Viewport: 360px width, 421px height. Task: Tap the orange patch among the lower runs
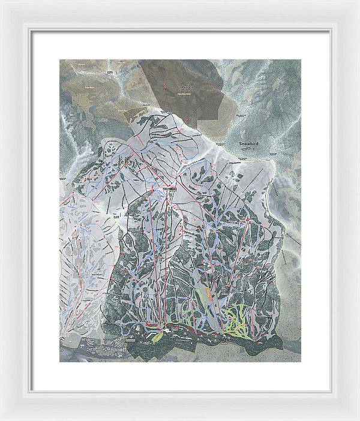[x=209, y=294]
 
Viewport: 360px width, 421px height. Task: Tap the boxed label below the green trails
[x=226, y=339]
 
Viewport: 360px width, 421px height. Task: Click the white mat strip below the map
[x=180, y=372]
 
